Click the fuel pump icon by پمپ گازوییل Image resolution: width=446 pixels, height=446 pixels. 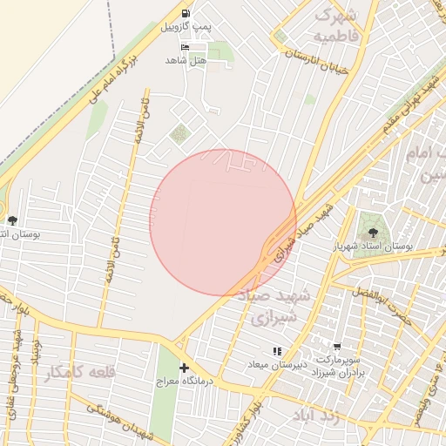[185, 14]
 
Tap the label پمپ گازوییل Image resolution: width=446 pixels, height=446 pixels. [186, 28]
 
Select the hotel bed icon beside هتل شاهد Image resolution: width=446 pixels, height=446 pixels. [184, 47]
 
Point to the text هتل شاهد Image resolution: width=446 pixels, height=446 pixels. [186, 60]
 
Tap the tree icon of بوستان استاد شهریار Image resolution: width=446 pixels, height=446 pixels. [373, 233]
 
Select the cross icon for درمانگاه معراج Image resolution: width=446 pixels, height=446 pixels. [184, 368]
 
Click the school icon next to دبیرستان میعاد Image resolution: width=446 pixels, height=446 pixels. [277, 351]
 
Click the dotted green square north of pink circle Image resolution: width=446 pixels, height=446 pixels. [179, 134]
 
